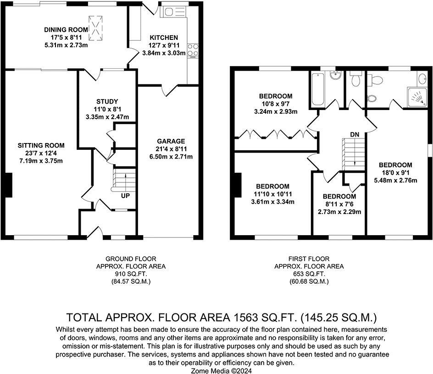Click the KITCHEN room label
(164, 38)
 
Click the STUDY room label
(107, 101)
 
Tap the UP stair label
(125, 196)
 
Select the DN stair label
(355, 134)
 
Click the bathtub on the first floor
(318, 88)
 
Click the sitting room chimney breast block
(9, 185)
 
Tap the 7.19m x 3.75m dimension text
(41, 160)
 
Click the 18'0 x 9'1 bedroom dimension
(395, 173)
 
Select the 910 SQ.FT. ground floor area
(131, 274)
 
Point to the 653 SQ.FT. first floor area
(309, 274)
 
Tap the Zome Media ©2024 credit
(221, 371)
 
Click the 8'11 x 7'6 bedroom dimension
(339, 204)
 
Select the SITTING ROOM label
(41, 145)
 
